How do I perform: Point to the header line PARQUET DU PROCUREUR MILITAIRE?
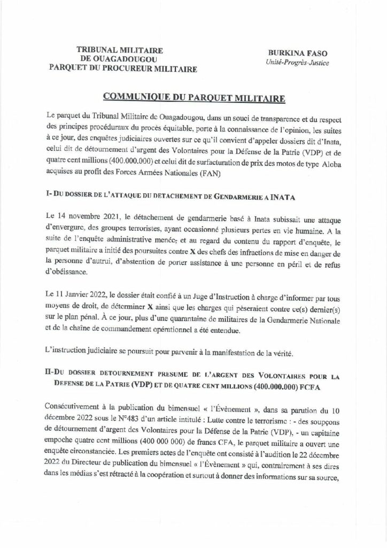pyautogui.click(x=122, y=68)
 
